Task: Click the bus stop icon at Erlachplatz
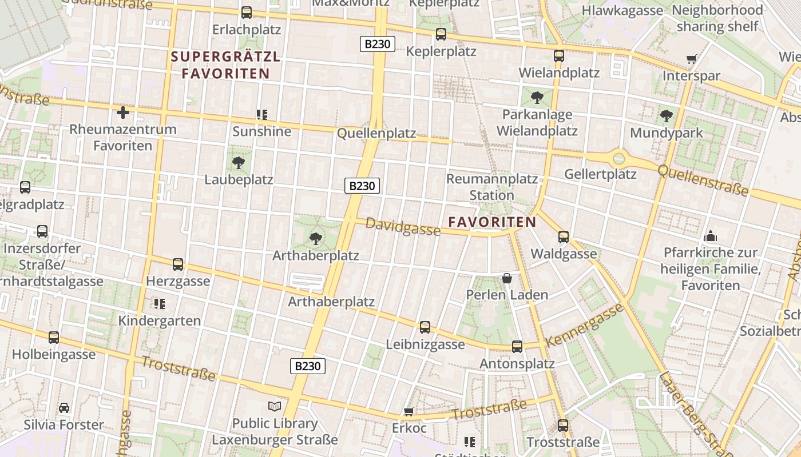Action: click(247, 12)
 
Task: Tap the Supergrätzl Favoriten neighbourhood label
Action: click(225, 65)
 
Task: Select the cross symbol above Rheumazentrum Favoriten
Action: click(122, 113)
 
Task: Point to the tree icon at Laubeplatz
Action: click(239, 163)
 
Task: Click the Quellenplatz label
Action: click(376, 133)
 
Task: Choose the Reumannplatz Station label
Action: click(491, 187)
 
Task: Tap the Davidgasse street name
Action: click(403, 227)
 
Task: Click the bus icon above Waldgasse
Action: click(564, 236)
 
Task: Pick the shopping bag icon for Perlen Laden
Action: click(507, 278)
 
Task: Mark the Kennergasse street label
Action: click(584, 326)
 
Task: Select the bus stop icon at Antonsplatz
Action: click(517, 346)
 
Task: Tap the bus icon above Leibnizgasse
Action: click(425, 327)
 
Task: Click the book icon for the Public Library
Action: click(275, 406)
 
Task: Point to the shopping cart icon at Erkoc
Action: click(409, 411)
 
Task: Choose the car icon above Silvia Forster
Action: click(64, 408)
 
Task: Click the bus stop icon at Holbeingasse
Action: click(54, 337)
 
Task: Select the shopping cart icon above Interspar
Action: click(691, 59)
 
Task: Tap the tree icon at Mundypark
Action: click(666, 117)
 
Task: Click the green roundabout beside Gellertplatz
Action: click(618, 158)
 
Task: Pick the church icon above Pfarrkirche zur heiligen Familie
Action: click(711, 235)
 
